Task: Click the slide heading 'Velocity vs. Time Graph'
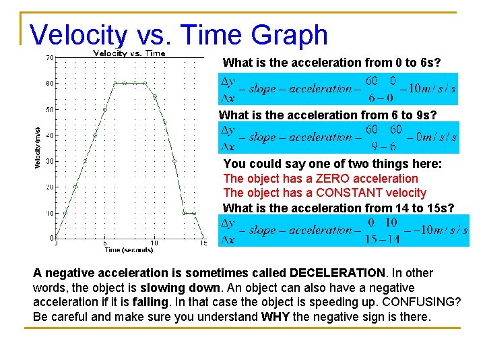pos(179,35)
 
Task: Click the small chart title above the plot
pos(129,53)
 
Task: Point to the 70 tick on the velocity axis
pos(49,58)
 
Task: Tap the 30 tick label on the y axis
pos(49,161)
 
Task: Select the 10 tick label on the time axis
pos(154,243)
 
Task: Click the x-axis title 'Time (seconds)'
pos(128,250)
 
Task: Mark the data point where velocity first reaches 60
pos(115,84)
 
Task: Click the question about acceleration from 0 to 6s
pos(331,63)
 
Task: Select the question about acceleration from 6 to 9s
pos(327,115)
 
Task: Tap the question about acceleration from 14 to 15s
pos(338,208)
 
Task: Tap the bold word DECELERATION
pos(337,273)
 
